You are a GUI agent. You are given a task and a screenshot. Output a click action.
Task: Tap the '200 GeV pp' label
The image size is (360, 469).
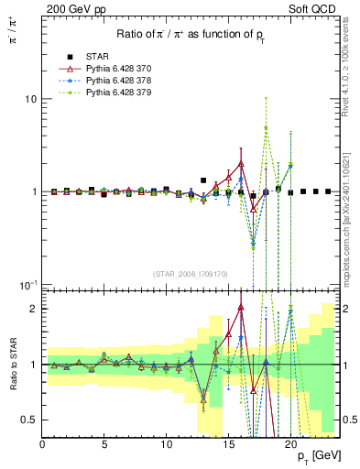(x=70, y=8)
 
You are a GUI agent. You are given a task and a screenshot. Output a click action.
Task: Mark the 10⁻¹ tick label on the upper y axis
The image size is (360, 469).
(x=27, y=285)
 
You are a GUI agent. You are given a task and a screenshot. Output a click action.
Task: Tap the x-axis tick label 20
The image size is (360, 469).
(x=290, y=443)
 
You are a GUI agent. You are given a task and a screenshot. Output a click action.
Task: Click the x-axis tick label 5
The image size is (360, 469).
(x=104, y=443)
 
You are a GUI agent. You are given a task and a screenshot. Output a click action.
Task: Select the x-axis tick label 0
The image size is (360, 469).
(x=42, y=443)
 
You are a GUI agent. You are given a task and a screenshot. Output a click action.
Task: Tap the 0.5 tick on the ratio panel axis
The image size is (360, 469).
(x=28, y=420)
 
